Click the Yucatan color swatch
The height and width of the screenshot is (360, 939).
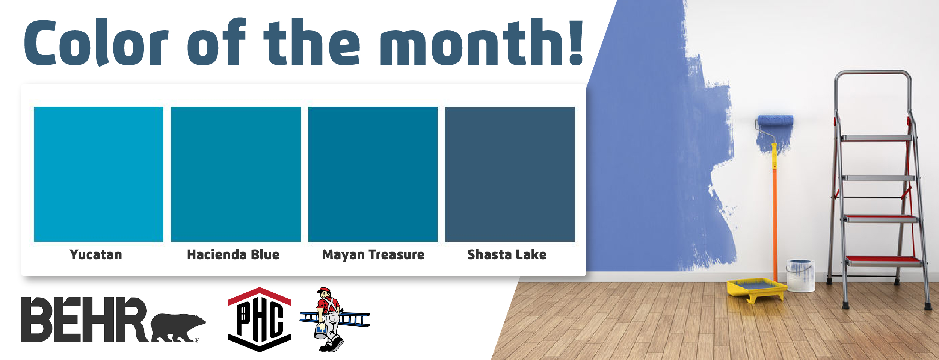pos(99,174)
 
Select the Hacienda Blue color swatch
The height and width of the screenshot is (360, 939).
pos(236,174)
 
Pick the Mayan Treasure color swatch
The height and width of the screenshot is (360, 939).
pos(373,174)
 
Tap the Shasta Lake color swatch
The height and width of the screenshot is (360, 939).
pos(510,174)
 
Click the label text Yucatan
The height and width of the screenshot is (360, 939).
pos(96,255)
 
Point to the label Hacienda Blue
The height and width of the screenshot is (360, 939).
pos(233,254)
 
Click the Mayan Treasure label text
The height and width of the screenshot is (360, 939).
pos(373,255)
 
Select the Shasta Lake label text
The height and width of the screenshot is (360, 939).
pos(507,254)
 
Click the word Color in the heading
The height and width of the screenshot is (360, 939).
pos(97,42)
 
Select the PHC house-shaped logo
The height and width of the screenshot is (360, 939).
pos(260,320)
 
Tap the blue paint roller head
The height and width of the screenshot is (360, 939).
pos(776,120)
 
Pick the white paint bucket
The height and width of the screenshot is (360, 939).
pos(800,275)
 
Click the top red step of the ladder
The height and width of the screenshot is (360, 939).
pos(876,138)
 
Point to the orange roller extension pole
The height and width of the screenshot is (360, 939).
pos(774,224)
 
